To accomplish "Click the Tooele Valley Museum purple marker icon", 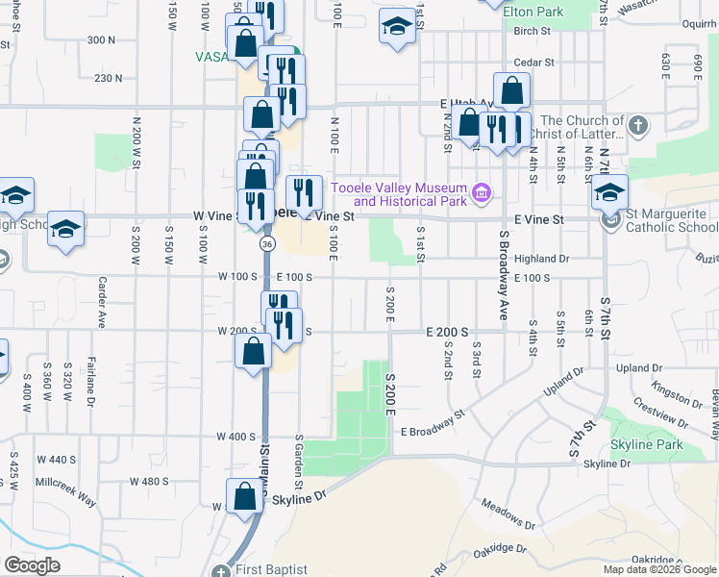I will click(482, 194).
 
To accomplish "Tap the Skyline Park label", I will click(646, 444).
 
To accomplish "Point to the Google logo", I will click(32, 564).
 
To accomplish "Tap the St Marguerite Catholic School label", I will click(670, 220).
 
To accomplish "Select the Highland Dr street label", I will click(542, 259).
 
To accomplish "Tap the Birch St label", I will click(531, 31).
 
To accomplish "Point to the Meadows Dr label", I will click(508, 519).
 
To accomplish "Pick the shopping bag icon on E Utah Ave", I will click(511, 91).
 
